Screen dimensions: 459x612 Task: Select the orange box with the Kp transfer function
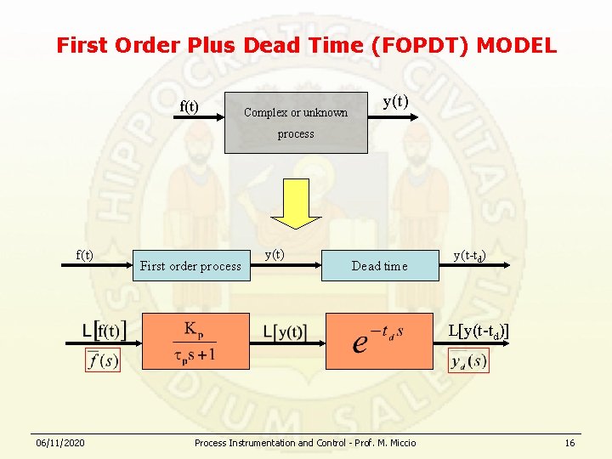coord(195,341)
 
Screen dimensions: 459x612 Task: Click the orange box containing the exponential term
coord(379,341)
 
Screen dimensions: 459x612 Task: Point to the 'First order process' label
coord(190,266)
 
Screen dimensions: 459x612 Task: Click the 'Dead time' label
coord(379,266)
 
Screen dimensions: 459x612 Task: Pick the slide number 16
coord(569,443)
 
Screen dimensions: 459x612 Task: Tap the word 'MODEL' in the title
coord(516,45)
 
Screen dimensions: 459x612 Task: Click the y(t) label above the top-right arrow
coord(395,102)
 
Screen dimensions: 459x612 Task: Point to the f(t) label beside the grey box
coord(189,106)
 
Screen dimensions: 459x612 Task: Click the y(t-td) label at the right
coord(469,255)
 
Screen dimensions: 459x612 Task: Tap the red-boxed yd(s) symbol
coord(468,361)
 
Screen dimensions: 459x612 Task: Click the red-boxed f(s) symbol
coord(103,360)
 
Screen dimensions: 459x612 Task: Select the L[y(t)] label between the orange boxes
coord(285,331)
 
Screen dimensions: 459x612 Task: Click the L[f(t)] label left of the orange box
coord(104,330)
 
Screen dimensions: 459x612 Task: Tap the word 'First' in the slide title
coord(84,45)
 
